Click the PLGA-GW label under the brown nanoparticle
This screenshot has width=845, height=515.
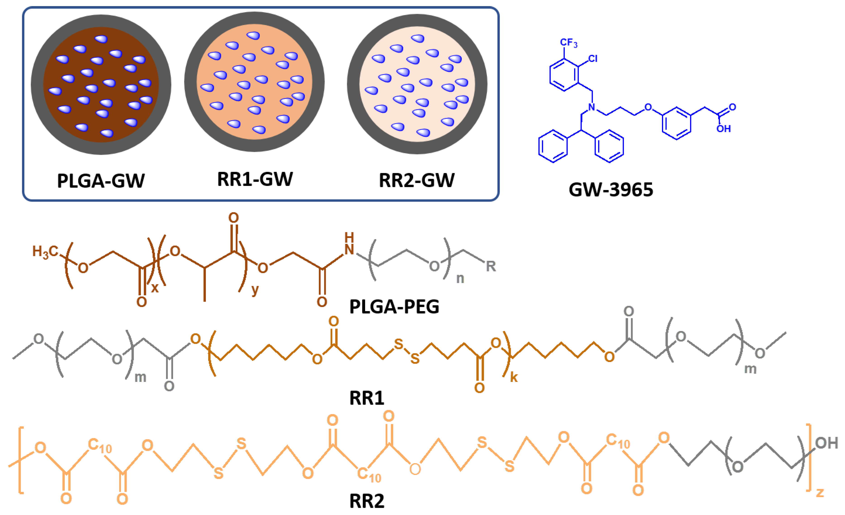coord(101,181)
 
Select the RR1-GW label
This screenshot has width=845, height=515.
coord(255,179)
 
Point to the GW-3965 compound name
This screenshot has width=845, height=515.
coord(611,190)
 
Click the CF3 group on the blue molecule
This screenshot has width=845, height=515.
coord(568,43)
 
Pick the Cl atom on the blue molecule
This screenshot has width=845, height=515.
coord(593,59)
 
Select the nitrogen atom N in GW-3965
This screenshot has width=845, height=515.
coord(592,107)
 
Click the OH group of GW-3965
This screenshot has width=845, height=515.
coord(723,129)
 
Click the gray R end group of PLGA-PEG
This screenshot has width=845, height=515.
coord(491,266)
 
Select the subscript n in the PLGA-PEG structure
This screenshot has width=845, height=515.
coord(460,279)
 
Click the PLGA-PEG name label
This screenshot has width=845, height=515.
coord(394,306)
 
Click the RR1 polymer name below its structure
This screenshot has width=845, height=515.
coord(367,398)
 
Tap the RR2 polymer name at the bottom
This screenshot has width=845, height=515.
coord(367,501)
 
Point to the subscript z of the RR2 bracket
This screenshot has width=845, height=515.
coord(820,492)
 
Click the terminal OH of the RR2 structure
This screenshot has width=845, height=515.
coord(826,443)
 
